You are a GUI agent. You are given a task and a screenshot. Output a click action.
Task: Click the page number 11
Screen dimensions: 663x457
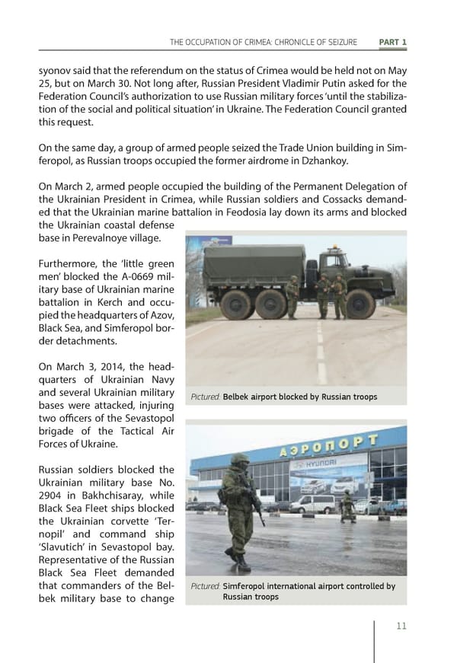pyautogui.click(x=401, y=626)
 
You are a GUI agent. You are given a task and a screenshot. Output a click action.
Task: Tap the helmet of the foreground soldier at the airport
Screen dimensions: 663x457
pyautogui.click(x=240, y=461)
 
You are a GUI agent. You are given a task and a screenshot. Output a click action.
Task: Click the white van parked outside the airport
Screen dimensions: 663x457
pyautogui.click(x=314, y=504)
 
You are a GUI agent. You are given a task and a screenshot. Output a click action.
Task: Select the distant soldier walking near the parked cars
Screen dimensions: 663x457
pyautogui.click(x=347, y=505)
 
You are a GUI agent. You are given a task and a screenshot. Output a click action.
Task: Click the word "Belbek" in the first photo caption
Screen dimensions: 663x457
pyautogui.click(x=238, y=397)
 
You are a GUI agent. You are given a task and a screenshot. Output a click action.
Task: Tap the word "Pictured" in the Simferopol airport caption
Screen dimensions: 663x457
pyautogui.click(x=206, y=586)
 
